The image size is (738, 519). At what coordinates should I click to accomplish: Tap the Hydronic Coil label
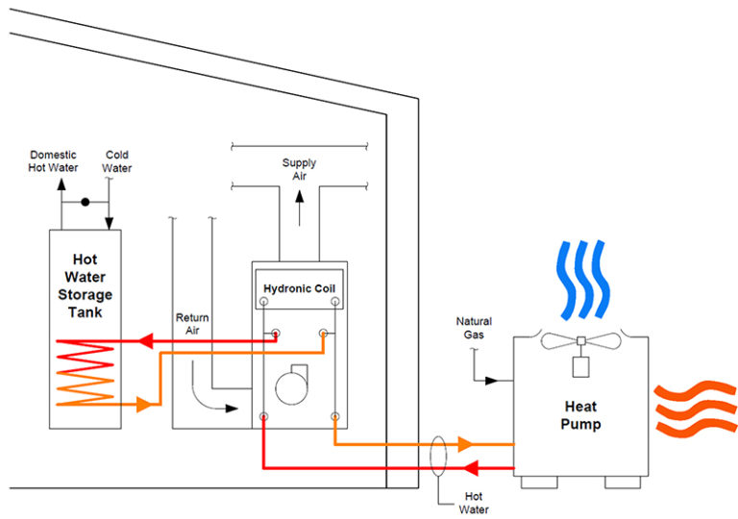(299, 288)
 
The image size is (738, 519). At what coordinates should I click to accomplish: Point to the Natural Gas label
(475, 329)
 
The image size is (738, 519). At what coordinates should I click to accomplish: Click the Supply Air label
(299, 169)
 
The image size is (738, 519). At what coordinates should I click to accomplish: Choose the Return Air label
(192, 324)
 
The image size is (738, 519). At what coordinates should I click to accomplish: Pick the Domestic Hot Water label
(53, 161)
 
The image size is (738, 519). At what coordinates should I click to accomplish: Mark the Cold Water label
(117, 161)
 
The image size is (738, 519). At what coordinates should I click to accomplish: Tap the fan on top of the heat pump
(579, 341)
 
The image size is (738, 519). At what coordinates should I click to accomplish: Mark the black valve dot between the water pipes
(86, 203)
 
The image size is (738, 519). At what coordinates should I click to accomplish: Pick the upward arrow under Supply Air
(299, 199)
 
